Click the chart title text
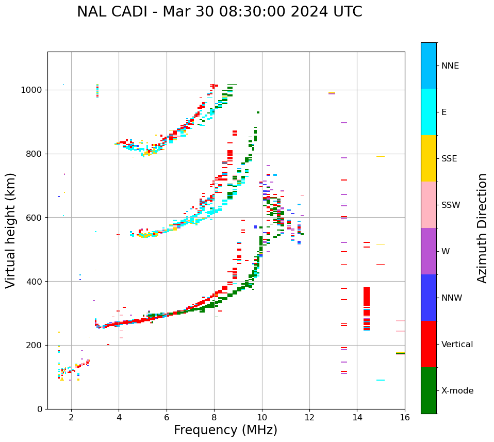[x=219, y=12]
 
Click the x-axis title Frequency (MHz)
[x=225, y=430]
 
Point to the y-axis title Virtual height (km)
[x=11, y=230]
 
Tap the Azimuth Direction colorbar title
[x=482, y=227]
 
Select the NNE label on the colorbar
[x=450, y=66]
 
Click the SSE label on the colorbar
[x=449, y=159]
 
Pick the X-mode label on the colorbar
[x=457, y=391]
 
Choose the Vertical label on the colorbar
[x=457, y=345]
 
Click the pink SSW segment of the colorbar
[x=429, y=205]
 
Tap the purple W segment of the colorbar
[x=429, y=251]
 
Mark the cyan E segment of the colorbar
[x=429, y=112]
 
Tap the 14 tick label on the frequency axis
[x=357, y=418]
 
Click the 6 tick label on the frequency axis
[x=167, y=418]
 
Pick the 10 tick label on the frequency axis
[x=261, y=418]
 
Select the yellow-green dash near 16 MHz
[x=400, y=353]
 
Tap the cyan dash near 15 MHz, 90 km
[x=381, y=380]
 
